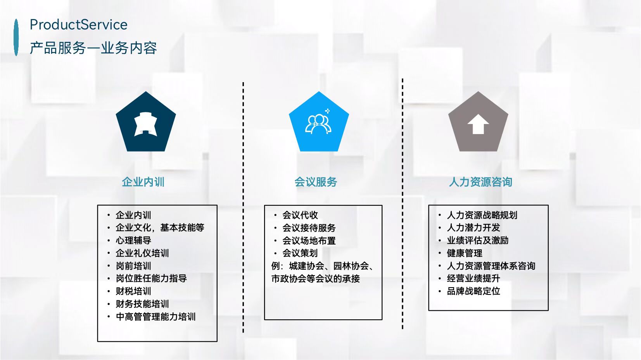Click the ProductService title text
coord(78,25)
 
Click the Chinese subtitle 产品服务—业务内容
coord(93,48)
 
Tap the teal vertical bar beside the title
coord(16,37)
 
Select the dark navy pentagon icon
coord(145,123)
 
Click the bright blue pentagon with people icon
coord(319,123)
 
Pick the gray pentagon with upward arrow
coord(478,123)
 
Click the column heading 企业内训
coord(143,182)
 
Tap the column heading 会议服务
coord(316,182)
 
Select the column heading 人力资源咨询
coord(480,182)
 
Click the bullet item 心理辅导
coord(133,240)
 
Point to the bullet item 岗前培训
coord(133,266)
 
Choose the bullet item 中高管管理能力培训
coord(155,317)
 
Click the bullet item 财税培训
coord(133,291)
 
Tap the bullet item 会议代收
coord(300,215)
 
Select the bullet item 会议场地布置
coord(309,241)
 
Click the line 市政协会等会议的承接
coord(315,279)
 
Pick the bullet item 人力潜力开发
coord(473,227)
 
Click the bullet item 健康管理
coord(464,253)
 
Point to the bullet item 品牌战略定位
coord(473,291)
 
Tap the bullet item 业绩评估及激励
coord(477,240)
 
